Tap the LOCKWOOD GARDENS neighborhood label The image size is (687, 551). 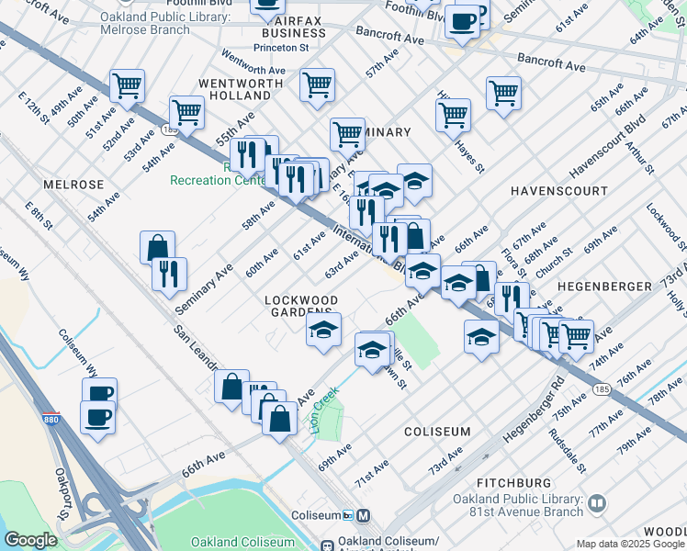[301, 307]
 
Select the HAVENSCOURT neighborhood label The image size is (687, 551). [558, 191]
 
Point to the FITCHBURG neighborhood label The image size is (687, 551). [514, 482]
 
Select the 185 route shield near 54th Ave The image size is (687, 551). [171, 131]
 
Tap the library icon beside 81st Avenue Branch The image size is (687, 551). [597, 503]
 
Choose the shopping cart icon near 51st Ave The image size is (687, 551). [127, 85]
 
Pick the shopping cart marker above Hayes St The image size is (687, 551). [453, 114]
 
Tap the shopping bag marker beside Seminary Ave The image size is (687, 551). [157, 246]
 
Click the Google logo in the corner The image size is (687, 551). [30, 540]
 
